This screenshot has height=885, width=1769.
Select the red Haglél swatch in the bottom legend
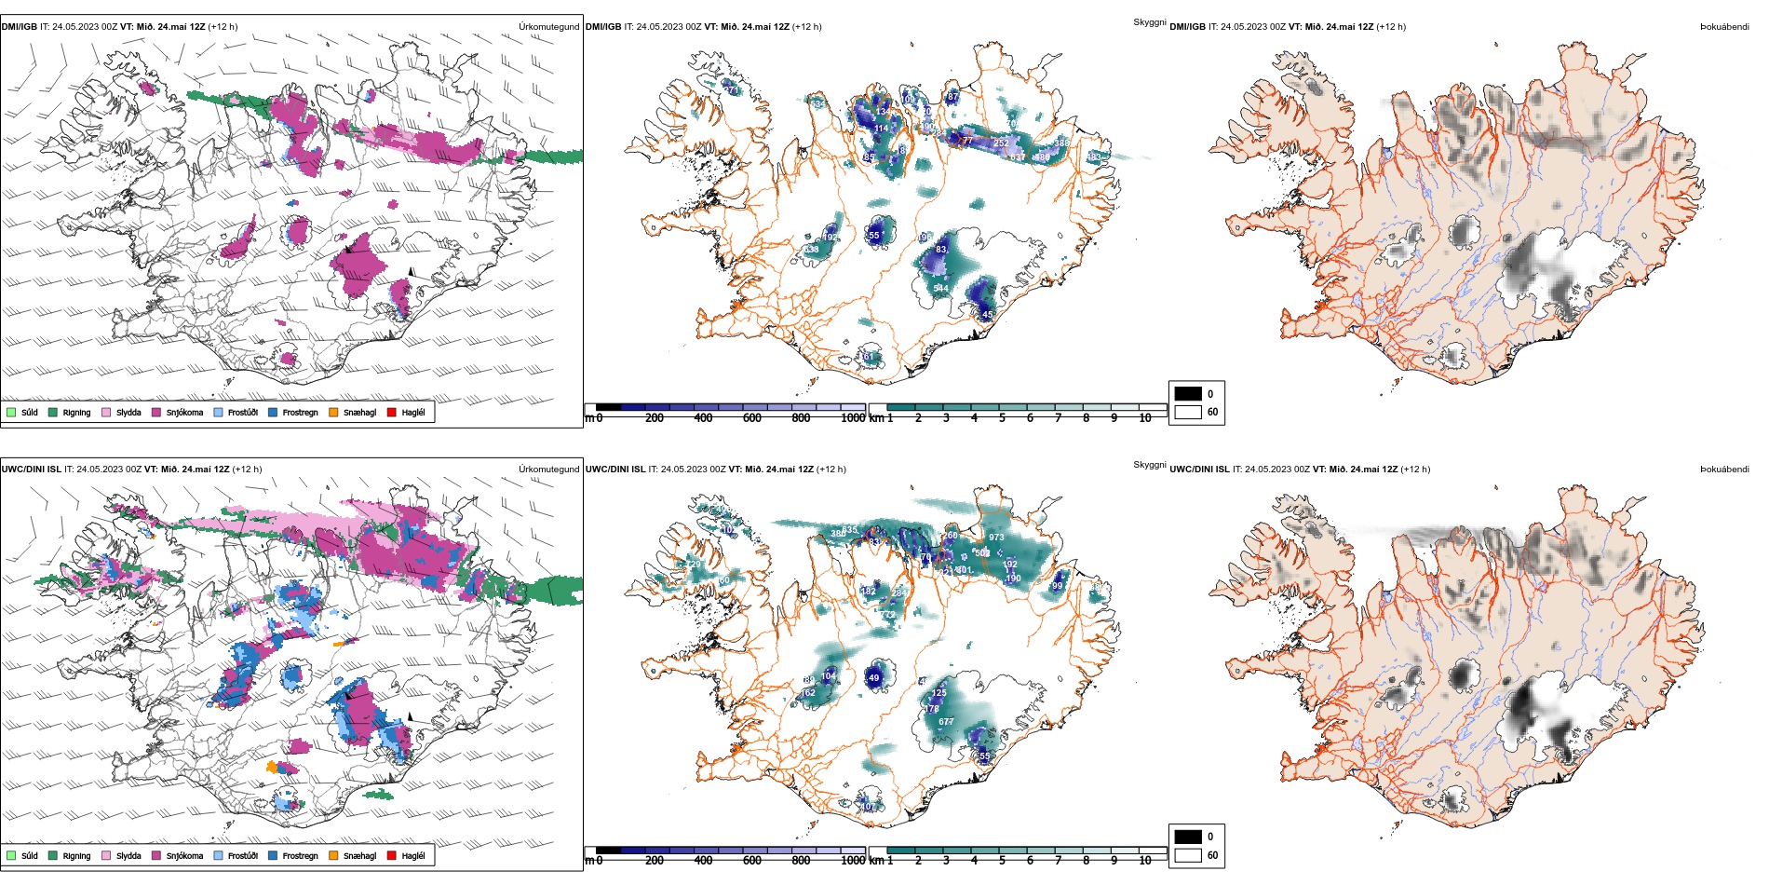click(392, 855)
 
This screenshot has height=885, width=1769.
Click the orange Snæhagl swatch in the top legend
click(333, 412)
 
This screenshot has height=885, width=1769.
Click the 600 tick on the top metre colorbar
click(752, 418)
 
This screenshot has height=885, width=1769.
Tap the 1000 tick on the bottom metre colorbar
click(853, 861)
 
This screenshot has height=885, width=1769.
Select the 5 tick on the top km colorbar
click(1002, 418)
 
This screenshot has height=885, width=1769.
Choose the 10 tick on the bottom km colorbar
click(1145, 861)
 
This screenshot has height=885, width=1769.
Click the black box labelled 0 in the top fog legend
click(1188, 394)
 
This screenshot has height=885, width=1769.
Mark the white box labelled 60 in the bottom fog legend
click(1188, 855)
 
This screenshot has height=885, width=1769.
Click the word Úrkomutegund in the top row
click(548, 27)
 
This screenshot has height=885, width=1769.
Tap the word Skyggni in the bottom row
click(1149, 465)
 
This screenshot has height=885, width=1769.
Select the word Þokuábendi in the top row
click(1724, 27)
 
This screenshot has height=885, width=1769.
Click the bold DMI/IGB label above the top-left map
click(20, 27)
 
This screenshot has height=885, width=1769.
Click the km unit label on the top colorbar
click(876, 418)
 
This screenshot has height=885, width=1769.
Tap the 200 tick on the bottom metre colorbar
click(655, 861)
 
